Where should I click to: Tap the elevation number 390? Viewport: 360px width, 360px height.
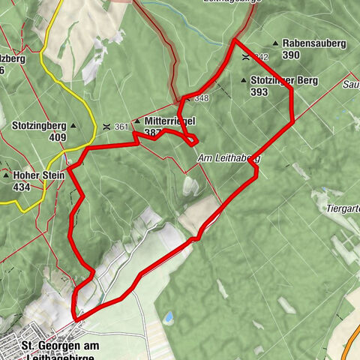click(x=292, y=55)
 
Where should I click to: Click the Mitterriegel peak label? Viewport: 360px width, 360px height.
click(x=166, y=120)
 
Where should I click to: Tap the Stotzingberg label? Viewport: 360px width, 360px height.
click(x=40, y=126)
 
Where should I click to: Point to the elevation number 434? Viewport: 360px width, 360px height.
click(x=22, y=187)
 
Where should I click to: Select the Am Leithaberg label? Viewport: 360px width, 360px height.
click(x=229, y=159)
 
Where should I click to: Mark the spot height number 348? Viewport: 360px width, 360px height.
click(x=202, y=98)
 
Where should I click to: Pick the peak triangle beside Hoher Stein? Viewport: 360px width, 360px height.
click(x=6, y=176)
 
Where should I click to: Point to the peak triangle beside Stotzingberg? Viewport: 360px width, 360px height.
click(x=73, y=126)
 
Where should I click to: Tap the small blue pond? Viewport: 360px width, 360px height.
click(x=169, y=319)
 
